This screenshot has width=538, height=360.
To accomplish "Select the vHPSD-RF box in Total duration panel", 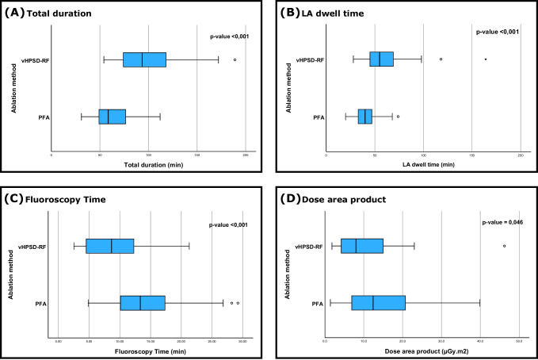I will tap(144, 59).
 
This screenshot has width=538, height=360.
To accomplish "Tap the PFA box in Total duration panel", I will tap(112, 117).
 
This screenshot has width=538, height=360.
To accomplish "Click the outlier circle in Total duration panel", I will tap(235, 59).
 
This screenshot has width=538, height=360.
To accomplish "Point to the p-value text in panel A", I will tap(230, 36).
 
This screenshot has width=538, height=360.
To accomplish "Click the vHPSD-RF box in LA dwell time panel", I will tap(381, 59).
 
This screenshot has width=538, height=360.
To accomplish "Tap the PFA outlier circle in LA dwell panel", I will tap(398, 117).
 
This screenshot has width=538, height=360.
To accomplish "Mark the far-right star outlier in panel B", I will tap(485, 59).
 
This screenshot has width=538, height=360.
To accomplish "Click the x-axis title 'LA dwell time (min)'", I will tap(423, 165).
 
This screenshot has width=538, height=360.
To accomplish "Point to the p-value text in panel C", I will tap(229, 224).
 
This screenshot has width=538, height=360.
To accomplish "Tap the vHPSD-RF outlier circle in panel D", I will tap(504, 246).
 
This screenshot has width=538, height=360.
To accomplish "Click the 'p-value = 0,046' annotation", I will tap(505, 224).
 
